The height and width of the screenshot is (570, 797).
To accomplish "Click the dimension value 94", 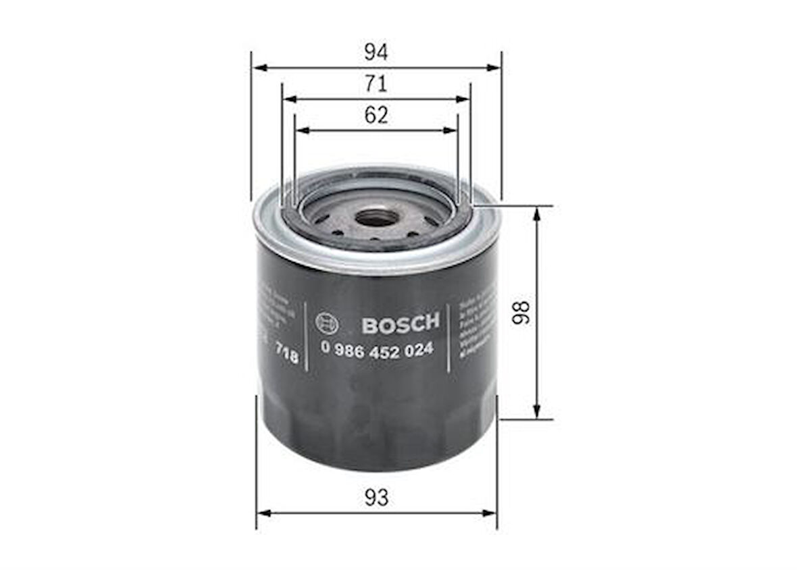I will tap(376, 52).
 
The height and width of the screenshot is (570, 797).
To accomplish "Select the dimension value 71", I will tap(376, 84).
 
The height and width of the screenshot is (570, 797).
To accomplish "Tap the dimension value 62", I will tap(376, 115).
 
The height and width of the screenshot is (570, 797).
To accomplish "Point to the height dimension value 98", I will tap(521, 312).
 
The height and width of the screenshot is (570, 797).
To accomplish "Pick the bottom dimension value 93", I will tap(376, 498).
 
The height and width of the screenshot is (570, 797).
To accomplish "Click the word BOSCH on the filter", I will tap(401, 323).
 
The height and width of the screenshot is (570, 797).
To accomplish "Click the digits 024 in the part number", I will tap(419, 348).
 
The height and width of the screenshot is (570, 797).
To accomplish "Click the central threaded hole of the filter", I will tap(376, 217).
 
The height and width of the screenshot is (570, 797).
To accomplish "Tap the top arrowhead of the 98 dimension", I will tap(537, 212).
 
